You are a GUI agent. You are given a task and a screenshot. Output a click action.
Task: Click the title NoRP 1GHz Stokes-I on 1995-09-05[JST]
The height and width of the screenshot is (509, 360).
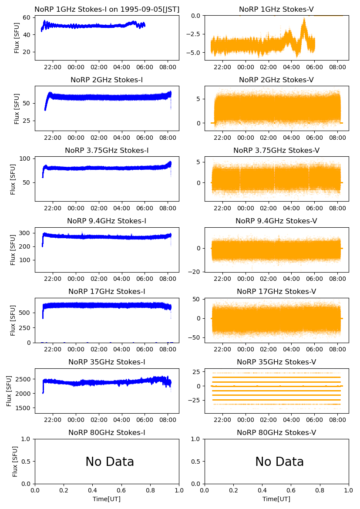107,9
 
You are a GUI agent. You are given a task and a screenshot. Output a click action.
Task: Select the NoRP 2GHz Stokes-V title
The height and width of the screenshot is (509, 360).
276,80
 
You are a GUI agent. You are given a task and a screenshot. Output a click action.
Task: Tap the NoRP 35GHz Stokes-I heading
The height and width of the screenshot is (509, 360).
107,362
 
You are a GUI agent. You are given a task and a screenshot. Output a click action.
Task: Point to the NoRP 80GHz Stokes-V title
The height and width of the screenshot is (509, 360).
276,432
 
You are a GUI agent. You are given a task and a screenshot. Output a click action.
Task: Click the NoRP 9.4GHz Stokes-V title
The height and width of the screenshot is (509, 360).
276,221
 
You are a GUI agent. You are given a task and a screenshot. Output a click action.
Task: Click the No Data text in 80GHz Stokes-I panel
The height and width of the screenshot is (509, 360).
110,462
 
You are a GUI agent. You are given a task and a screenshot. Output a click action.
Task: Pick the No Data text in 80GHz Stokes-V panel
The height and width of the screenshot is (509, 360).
279,462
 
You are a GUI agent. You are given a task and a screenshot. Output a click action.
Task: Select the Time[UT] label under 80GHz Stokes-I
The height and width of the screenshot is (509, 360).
107,499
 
